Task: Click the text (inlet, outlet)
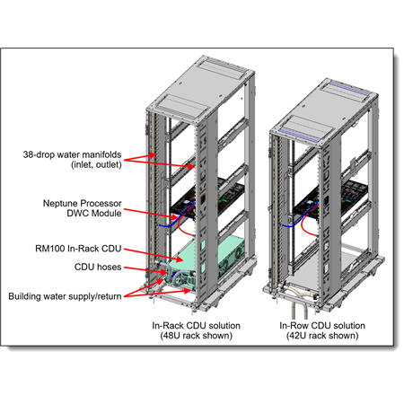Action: tap(96, 164)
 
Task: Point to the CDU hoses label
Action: tap(98, 267)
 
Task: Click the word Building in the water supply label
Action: tap(24, 296)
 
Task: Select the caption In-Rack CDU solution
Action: tap(196, 326)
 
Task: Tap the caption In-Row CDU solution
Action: tap(322, 326)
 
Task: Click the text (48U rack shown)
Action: tap(197, 336)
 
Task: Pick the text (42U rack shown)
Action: tap(322, 336)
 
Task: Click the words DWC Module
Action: tap(94, 214)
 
